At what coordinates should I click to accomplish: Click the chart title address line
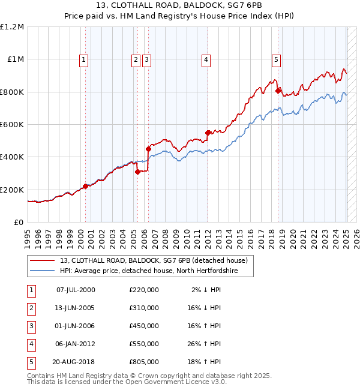coord(180,7)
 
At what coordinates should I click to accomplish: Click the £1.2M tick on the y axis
coord(12,27)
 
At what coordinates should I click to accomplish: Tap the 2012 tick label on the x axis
coord(206,238)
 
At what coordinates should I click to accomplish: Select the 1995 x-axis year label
coord(28,238)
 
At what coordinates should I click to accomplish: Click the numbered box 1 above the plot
coord(83,59)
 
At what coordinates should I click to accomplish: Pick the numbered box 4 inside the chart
coord(206,59)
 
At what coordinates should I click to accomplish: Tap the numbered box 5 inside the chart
coord(276,59)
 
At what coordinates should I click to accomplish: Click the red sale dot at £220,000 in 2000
coord(85,186)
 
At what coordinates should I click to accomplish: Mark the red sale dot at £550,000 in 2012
coord(208,133)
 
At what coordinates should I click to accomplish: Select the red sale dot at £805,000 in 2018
coord(278,91)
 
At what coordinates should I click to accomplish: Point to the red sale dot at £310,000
coord(137,172)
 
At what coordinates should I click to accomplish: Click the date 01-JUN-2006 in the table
coord(75,326)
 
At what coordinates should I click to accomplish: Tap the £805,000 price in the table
coord(144,362)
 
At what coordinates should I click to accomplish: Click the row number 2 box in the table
coord(31,308)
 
